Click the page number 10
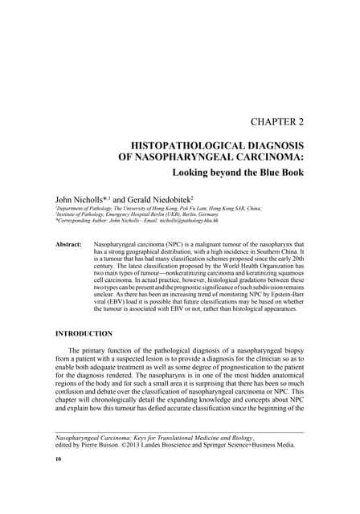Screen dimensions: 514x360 58,459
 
